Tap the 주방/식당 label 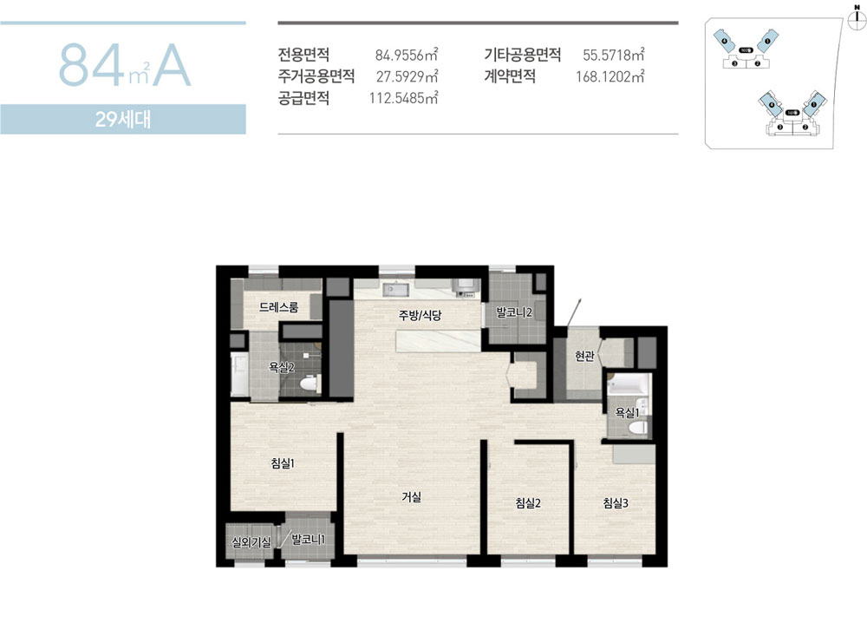click(x=420, y=316)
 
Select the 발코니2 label click(x=514, y=312)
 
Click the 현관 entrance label click(x=583, y=356)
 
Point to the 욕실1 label click(x=627, y=412)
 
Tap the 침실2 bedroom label click(x=528, y=502)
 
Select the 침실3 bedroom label click(x=616, y=502)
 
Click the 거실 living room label click(x=411, y=497)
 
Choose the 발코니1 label click(x=308, y=540)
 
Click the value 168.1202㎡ click(x=610, y=76)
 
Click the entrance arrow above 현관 click(x=575, y=310)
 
